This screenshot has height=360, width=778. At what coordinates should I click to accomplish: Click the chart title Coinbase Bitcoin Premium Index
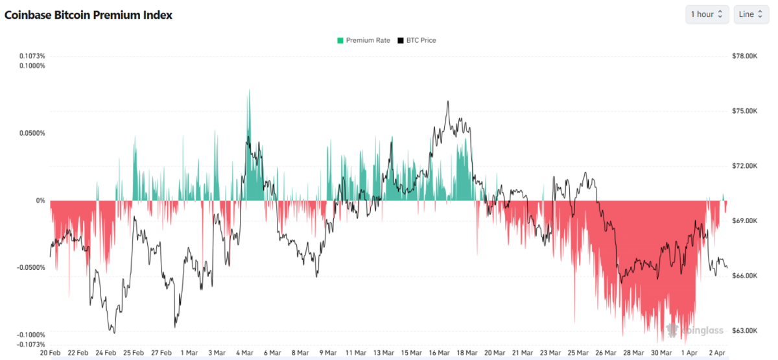[89, 15]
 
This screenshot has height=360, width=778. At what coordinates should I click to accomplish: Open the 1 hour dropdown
[707, 14]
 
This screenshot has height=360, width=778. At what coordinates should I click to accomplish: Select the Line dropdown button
[751, 14]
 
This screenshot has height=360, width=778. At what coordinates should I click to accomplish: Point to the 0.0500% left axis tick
[32, 133]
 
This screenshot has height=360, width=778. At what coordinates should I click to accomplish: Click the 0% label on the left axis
[40, 200]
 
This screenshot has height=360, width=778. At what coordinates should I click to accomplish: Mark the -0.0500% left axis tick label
[32, 267]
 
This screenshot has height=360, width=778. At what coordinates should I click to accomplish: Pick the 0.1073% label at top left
[32, 56]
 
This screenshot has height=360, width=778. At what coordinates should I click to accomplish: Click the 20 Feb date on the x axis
[51, 353]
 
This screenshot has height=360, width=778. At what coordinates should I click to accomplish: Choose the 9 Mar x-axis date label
[328, 353]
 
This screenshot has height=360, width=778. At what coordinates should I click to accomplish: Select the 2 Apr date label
[717, 353]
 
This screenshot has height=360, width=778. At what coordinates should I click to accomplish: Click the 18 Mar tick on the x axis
[467, 353]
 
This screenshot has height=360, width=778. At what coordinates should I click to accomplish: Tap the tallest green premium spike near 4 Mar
[249, 91]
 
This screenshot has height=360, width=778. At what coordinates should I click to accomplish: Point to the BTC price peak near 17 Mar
[448, 102]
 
